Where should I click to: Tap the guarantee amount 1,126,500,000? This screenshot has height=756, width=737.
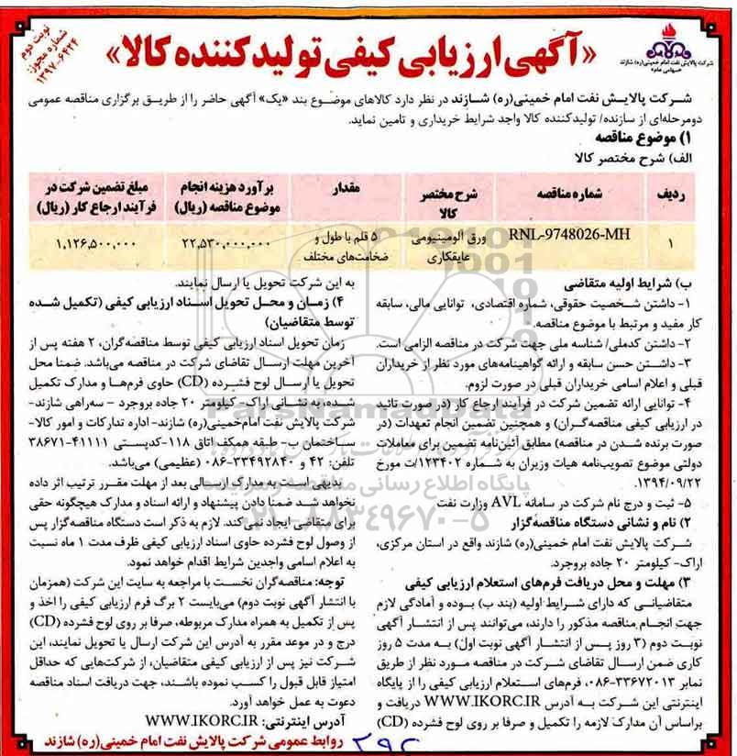[91, 243]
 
